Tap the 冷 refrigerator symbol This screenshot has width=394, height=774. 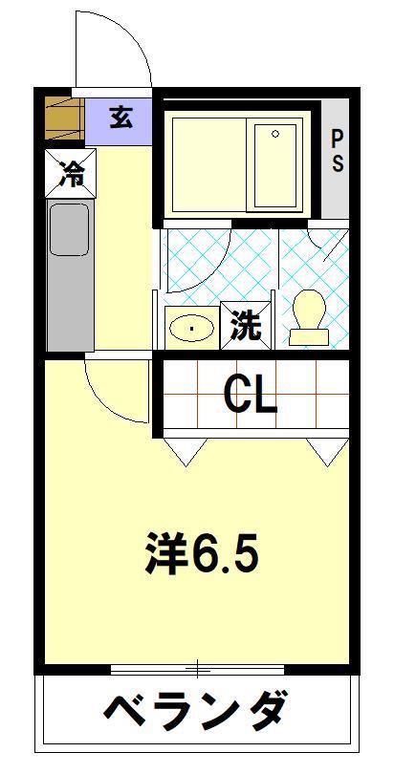point(71,173)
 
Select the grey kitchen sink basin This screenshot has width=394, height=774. point(70,230)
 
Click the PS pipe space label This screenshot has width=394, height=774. point(337,151)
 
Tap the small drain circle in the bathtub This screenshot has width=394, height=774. point(275,134)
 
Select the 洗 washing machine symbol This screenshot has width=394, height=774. point(246,326)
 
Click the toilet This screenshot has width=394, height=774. point(309,317)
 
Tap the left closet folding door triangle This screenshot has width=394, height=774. point(186,451)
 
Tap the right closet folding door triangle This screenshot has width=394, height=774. point(328,451)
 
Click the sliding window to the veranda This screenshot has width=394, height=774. point(198,670)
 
